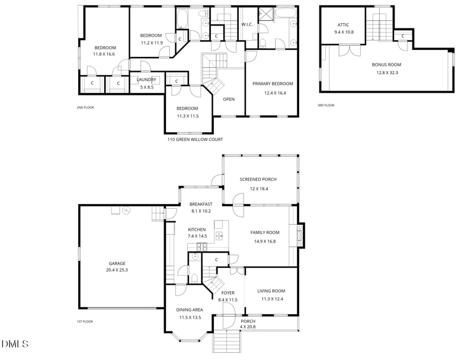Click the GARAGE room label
117,263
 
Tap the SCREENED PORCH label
258,180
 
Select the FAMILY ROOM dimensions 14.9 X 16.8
265,241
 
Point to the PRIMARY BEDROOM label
273,84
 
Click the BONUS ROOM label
386,65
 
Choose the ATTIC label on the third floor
343,25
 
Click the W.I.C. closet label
247,25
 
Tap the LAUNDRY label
146,79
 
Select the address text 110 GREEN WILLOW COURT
196,139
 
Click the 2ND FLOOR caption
85,107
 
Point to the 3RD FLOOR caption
326,106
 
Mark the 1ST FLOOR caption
85,321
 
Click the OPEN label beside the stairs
229,99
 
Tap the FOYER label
228,293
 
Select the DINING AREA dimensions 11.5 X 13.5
190,317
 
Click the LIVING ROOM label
271,291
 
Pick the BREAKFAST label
201,204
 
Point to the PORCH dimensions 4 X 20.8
248,327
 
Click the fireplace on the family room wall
300,234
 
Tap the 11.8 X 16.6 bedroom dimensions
105,54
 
